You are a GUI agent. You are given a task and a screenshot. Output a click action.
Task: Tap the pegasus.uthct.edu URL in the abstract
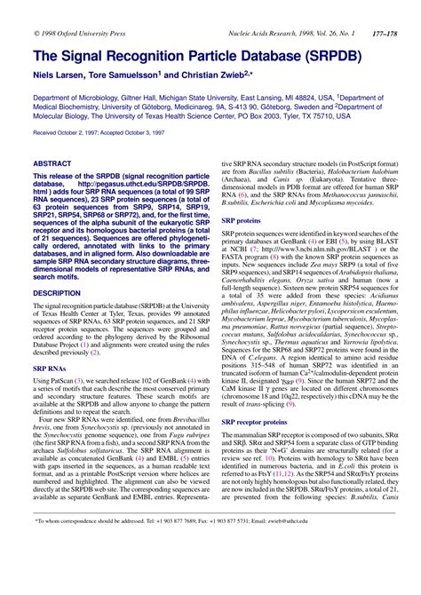pyautogui.click(x=146, y=186)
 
